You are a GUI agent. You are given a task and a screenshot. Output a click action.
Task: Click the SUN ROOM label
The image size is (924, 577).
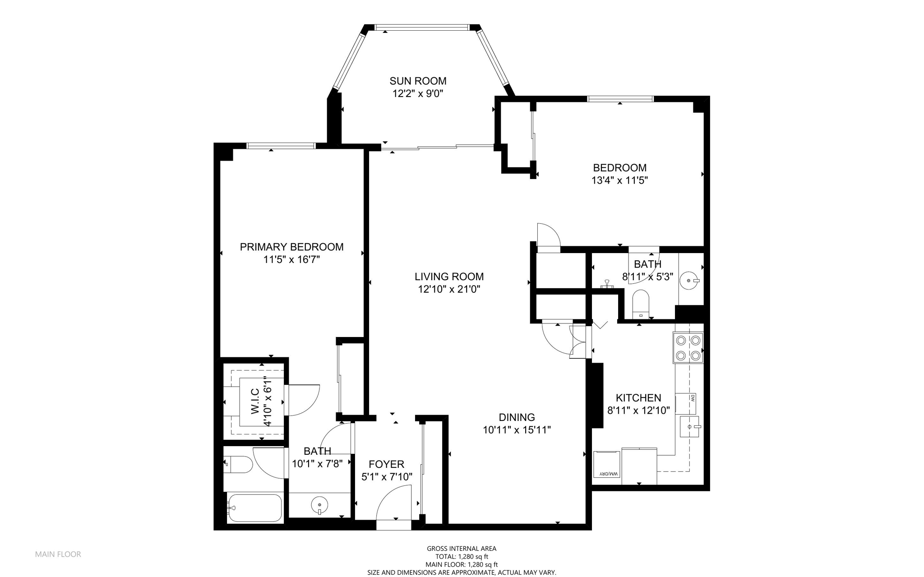[x=418, y=81]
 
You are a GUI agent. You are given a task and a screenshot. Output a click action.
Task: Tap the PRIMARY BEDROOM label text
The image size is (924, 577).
[x=291, y=247]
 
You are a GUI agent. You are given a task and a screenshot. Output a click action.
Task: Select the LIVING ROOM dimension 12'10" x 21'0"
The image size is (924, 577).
[x=449, y=289]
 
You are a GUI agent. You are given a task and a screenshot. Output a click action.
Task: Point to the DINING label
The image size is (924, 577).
[x=517, y=417]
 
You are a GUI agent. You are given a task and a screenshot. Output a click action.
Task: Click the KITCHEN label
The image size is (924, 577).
[x=638, y=398]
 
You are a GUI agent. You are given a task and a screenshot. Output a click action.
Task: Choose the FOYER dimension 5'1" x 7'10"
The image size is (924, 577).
[x=387, y=477]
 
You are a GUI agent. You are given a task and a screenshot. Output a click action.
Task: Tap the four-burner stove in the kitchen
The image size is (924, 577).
[x=688, y=347]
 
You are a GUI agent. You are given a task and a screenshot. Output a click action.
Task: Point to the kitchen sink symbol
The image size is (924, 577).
[x=690, y=426]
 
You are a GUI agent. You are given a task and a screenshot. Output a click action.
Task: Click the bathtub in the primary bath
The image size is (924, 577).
[x=255, y=508]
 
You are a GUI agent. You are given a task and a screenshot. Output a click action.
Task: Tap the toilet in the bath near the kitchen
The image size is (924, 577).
[x=641, y=304]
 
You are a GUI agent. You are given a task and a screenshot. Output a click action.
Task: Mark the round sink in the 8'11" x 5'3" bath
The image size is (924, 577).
[x=690, y=281]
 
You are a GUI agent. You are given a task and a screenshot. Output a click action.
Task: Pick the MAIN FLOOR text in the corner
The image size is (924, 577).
[x=58, y=554]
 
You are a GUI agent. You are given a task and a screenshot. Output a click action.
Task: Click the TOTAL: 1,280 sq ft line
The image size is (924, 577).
[x=462, y=557]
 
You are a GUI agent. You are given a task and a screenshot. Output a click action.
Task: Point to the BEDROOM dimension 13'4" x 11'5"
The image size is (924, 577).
[x=619, y=180]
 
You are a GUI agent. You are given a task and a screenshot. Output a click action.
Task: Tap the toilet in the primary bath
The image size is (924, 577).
[x=238, y=464]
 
